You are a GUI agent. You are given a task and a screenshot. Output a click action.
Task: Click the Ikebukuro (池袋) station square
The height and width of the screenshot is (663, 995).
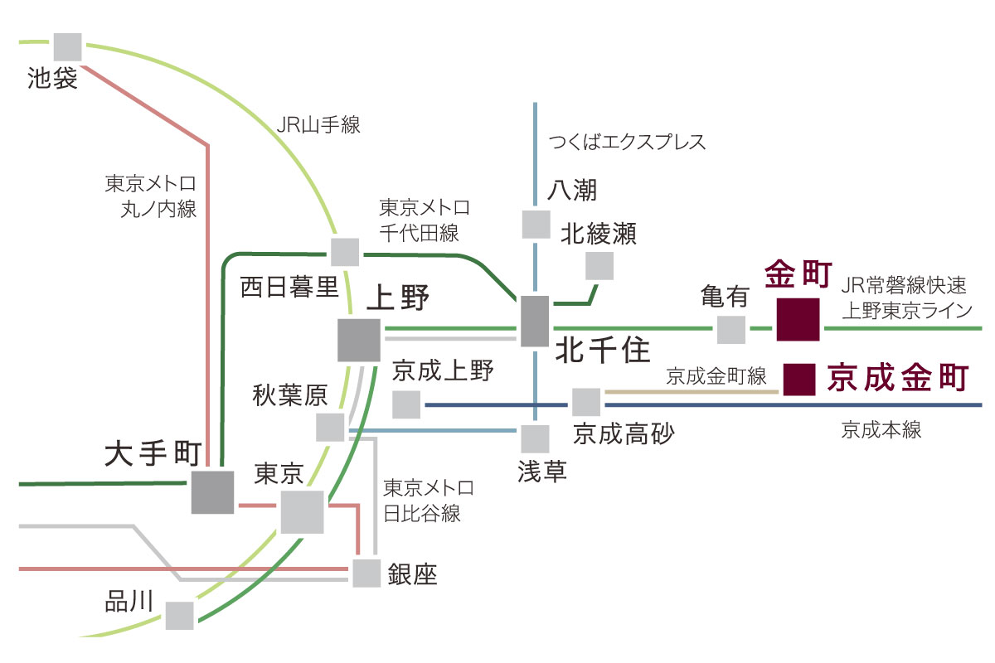[67, 47]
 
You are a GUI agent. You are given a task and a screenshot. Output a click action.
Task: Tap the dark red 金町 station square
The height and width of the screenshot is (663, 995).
[798, 320]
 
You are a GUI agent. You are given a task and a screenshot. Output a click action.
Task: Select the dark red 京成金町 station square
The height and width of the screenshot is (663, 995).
[799, 380]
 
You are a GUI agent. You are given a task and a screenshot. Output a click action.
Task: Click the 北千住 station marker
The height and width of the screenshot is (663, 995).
[535, 321]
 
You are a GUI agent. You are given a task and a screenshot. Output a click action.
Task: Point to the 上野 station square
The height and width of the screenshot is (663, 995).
[359, 341]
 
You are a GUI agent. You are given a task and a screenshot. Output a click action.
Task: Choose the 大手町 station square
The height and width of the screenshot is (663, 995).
[213, 492]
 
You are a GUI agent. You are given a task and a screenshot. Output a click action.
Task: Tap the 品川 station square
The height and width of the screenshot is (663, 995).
[179, 616]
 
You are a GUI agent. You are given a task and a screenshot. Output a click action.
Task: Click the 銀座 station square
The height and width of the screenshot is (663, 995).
[366, 573]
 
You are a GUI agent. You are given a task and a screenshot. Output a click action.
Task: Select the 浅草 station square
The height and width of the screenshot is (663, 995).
[535, 439]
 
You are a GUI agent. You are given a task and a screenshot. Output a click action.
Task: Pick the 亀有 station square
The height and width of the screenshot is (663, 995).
[731, 330]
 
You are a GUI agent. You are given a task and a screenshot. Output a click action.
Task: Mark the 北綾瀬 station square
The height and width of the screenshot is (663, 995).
[599, 266]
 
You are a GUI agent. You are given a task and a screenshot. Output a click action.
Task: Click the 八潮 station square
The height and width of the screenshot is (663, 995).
[536, 225]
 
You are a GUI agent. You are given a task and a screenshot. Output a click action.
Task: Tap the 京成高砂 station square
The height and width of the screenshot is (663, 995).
[586, 402]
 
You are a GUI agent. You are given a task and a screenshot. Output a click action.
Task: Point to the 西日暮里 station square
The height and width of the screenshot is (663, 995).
[345, 252]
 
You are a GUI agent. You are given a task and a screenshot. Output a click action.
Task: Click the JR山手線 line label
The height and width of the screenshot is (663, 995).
[318, 125]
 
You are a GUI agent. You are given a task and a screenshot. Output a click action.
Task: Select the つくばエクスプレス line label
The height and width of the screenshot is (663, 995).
[627, 142]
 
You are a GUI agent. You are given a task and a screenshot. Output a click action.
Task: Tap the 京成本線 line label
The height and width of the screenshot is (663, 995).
[881, 430]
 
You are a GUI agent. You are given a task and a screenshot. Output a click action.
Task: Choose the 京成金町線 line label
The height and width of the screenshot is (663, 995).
[716, 376]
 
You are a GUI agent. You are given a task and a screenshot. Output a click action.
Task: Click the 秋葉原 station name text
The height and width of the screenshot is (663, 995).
[290, 395]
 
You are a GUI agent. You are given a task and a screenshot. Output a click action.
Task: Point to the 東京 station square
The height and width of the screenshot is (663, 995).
[302, 512]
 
